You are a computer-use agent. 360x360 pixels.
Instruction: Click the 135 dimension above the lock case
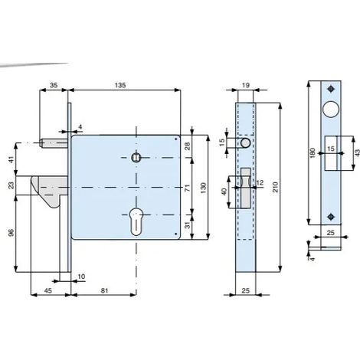[120, 85]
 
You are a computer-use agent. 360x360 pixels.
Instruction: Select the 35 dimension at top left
[54, 85]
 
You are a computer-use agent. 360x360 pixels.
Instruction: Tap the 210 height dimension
[275, 187]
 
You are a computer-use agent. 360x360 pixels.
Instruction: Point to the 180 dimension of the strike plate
[312, 152]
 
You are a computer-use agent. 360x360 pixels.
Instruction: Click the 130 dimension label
[203, 188]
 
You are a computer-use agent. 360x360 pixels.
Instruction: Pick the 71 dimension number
[188, 188]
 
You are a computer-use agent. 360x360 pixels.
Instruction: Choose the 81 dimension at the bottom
[104, 290]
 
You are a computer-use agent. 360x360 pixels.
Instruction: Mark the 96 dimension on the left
[11, 233]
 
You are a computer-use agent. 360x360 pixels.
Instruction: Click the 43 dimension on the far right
[357, 152]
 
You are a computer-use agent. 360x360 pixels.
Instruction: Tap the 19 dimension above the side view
[246, 85]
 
